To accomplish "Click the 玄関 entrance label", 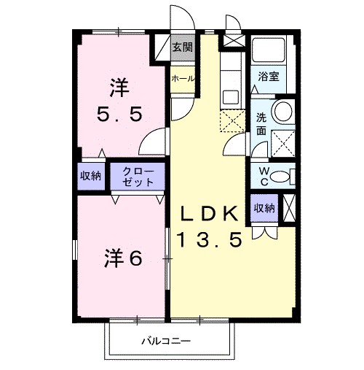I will (182, 48).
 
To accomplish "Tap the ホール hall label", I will (182, 78).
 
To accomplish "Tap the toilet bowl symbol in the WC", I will (290, 175).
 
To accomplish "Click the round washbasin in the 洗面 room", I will (283, 112).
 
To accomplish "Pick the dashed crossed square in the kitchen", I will (232, 119).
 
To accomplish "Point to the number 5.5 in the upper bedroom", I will (120, 115).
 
